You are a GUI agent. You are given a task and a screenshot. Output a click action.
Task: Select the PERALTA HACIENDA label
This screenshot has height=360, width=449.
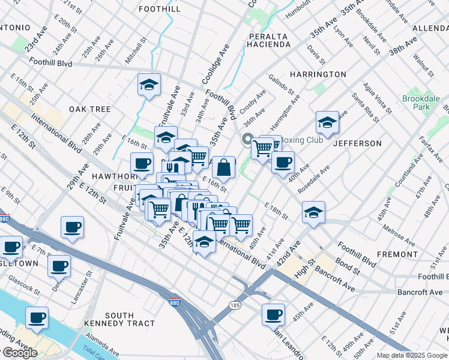(270, 41)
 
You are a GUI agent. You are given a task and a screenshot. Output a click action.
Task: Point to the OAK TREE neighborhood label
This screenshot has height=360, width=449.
(90, 109)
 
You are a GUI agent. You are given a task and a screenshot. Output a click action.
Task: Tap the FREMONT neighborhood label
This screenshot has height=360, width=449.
(397, 254)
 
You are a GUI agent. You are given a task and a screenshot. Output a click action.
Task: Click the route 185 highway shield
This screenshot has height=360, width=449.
(235, 305)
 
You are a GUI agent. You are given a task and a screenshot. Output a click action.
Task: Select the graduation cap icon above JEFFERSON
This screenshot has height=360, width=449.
(327, 122)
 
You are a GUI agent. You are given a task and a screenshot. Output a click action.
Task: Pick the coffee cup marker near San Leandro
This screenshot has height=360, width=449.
(274, 313)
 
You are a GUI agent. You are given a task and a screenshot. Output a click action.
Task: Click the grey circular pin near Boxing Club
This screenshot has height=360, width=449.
(247, 139)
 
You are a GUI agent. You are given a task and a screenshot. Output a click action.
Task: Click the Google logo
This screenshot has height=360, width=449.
(20, 353)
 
